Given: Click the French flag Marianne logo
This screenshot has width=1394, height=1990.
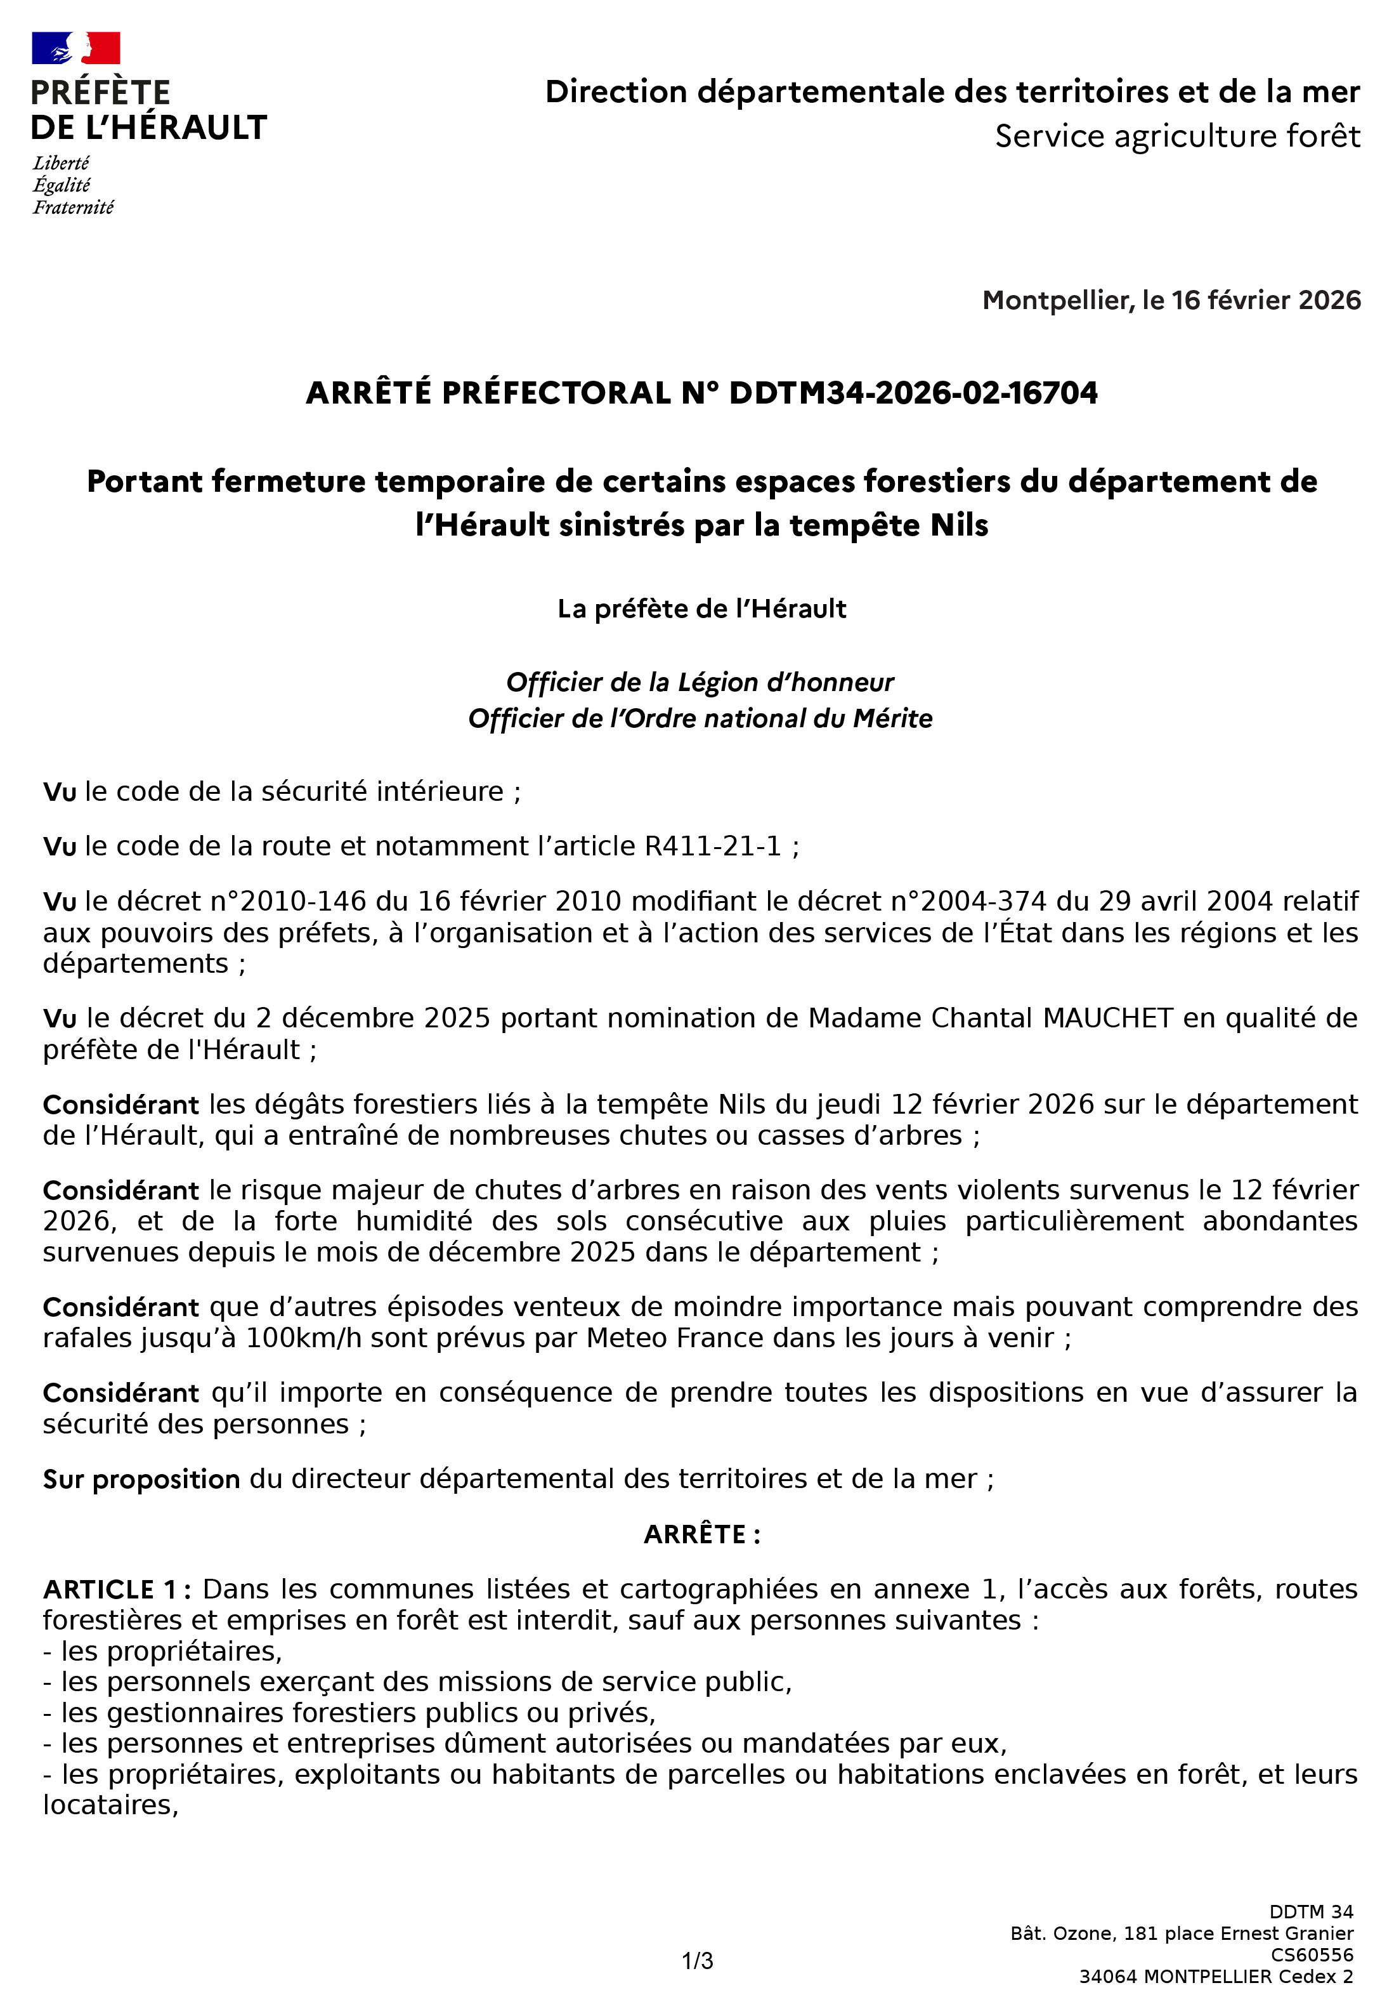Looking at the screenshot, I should point(75,48).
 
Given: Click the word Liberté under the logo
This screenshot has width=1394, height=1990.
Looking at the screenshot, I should point(61,163).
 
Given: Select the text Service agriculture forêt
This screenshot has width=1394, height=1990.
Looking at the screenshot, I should point(1176,136).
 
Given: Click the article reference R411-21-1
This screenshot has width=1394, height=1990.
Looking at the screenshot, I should point(713,845).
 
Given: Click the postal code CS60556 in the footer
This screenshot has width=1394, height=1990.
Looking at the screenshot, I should point(1311,1954).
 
